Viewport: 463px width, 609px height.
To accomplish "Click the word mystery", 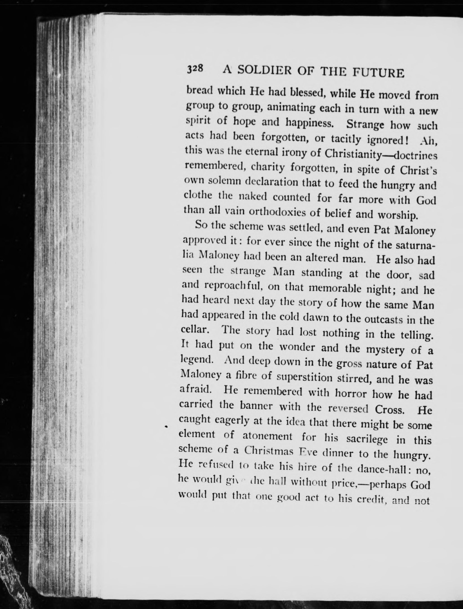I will pyautogui.click(x=386, y=350).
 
